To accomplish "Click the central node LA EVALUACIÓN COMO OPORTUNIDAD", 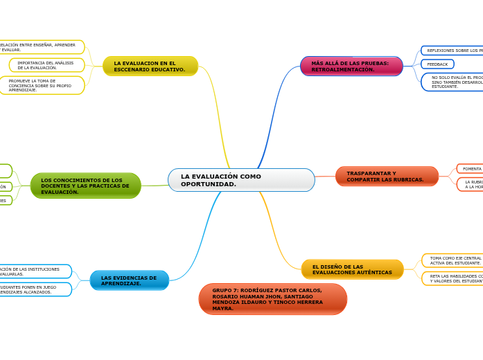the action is (x=240, y=180).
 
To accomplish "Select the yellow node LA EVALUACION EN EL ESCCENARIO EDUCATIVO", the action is (x=150, y=66).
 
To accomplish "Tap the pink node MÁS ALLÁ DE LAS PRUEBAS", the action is (x=351, y=66).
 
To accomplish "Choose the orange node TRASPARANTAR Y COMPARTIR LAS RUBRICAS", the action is (x=387, y=177).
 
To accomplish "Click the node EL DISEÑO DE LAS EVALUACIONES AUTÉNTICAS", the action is (x=352, y=269).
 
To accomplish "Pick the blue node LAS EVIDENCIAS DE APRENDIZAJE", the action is (x=130, y=280).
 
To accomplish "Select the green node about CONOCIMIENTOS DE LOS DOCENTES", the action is (x=86, y=186).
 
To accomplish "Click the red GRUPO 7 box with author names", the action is (x=272, y=299).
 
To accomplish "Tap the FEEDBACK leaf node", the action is (x=437, y=64).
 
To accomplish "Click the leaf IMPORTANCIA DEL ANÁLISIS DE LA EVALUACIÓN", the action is (x=46, y=65).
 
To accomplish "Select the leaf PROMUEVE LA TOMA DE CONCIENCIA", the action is (x=41, y=85).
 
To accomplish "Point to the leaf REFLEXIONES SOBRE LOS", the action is (x=453, y=51).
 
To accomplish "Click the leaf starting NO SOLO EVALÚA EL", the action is (x=455, y=82).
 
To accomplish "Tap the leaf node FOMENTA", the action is (x=471, y=169).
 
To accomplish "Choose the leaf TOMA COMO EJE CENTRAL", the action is (x=453, y=260).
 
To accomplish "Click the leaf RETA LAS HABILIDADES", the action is (x=453, y=278).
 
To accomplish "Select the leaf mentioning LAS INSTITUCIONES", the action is (x=34, y=271).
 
